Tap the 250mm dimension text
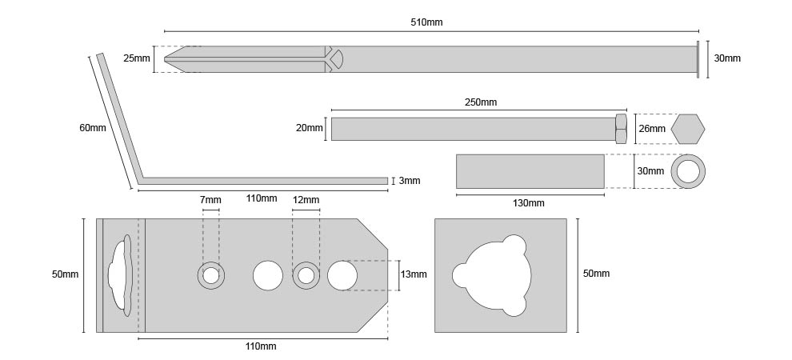point(480,102)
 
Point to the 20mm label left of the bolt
point(310,128)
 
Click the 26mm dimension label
point(651,128)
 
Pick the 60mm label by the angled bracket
point(92,128)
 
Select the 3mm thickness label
point(410,181)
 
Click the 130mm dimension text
point(528,203)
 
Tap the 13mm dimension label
point(414,274)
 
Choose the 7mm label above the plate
point(211,199)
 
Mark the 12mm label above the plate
point(306,199)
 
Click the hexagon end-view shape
point(688,128)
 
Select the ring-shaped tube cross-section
point(688,171)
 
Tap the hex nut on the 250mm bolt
point(621,128)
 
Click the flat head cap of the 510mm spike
point(698,58)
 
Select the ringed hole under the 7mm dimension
point(211,275)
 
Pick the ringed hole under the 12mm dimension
point(306,275)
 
